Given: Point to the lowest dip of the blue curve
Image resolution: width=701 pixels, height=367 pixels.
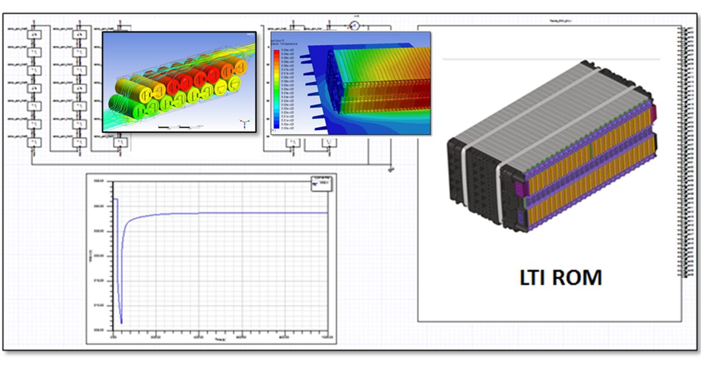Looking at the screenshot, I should [x=121, y=322].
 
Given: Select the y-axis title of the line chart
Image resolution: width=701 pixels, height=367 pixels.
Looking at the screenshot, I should [x=92, y=255].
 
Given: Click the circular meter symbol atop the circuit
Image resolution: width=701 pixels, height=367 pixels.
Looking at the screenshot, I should [x=353, y=25].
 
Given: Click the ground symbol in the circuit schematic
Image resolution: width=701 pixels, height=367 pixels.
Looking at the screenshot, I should [x=391, y=169].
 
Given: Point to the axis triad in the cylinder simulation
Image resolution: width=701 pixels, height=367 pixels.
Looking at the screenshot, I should [x=245, y=123].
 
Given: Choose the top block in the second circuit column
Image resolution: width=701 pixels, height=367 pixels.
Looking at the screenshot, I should [x=79, y=35].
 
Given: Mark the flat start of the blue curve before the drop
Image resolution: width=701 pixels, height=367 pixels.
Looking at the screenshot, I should [x=115, y=199].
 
